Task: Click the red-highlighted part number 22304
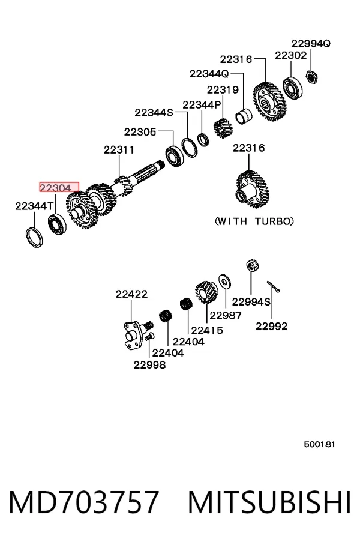coord(59,187)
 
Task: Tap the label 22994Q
coord(311,44)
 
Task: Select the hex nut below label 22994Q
coord(311,77)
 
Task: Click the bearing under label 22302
coord(292,88)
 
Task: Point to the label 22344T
coord(34,206)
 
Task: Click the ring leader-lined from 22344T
coord(35,237)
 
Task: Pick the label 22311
coord(119,150)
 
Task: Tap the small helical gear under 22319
coord(222,128)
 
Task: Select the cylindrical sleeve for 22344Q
coord(244,116)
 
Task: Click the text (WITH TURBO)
coord(254,221)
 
